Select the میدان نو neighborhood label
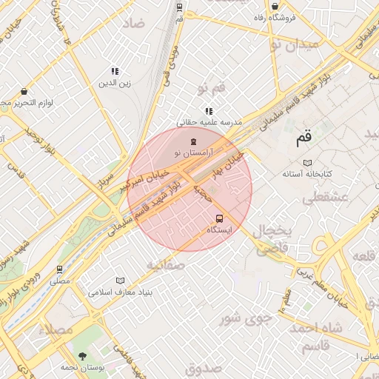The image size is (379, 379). click(x=294, y=44)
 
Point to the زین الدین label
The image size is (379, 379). click(x=115, y=83)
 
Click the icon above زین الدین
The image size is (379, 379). click(x=115, y=72)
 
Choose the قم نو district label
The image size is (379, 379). click(x=212, y=89)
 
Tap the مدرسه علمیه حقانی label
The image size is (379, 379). click(x=209, y=122)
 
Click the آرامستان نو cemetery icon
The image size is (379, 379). click(x=193, y=141)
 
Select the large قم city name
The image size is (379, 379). click(x=303, y=137)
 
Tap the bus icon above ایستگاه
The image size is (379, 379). click(x=219, y=218)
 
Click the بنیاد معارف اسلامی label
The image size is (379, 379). click(x=120, y=292)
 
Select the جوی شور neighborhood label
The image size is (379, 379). click(x=241, y=318)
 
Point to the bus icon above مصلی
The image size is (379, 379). click(x=60, y=269)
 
